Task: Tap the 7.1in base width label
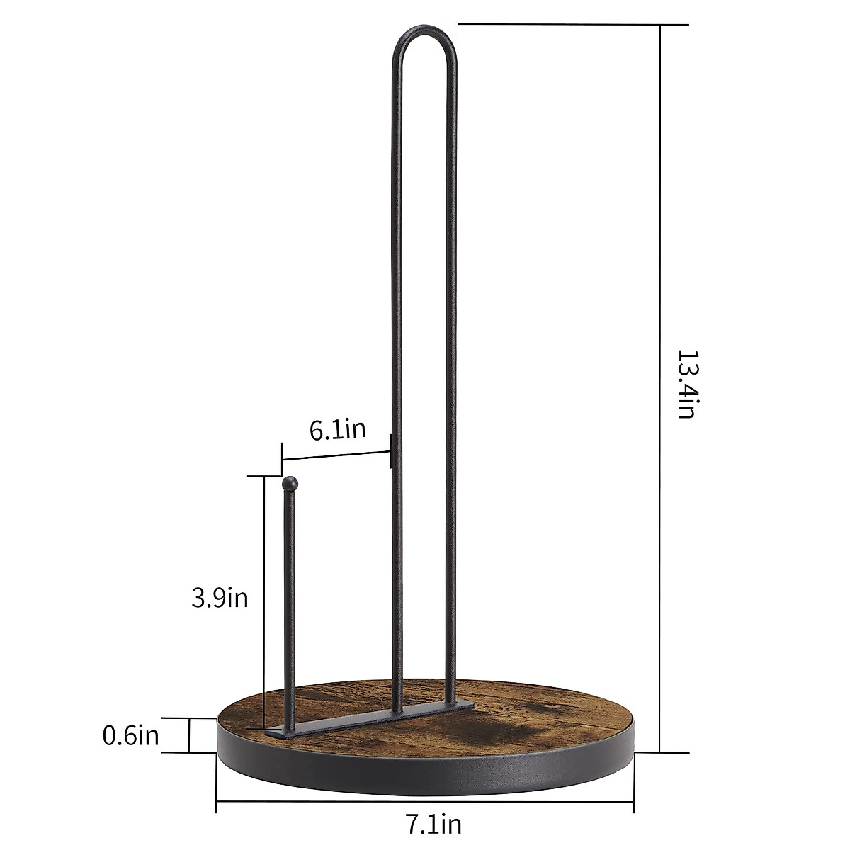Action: (433, 824)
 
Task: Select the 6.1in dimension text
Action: (338, 429)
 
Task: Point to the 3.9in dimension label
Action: (220, 598)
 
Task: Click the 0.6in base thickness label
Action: (131, 735)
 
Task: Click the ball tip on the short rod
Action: (289, 484)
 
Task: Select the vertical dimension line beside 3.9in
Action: (265, 602)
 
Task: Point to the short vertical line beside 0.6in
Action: (190, 735)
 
